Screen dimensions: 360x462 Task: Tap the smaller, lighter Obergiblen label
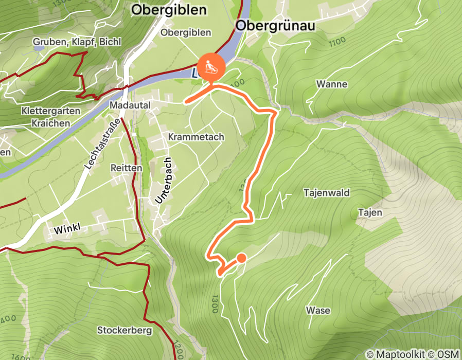(x=186, y=32)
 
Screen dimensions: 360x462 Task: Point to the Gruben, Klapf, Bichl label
(x=77, y=42)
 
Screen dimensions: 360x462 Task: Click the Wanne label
(x=332, y=84)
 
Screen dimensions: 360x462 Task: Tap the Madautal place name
(x=130, y=105)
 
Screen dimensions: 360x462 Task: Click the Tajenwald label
(x=327, y=193)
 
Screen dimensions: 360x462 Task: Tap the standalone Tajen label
(x=370, y=212)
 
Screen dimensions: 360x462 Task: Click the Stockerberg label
(x=125, y=330)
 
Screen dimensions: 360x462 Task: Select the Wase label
(x=318, y=310)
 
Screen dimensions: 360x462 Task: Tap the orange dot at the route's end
(x=241, y=258)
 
